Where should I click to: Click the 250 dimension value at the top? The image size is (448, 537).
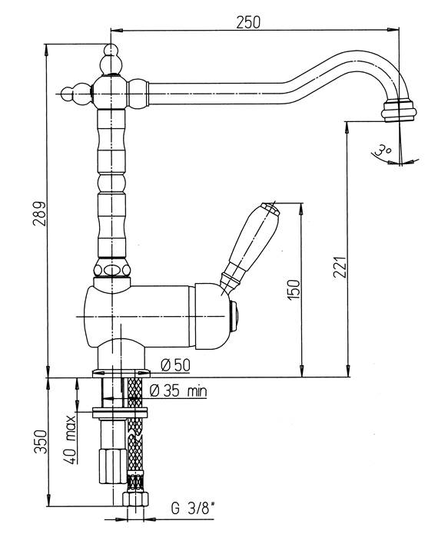coord(248,22)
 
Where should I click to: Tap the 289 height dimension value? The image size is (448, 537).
coord(39,214)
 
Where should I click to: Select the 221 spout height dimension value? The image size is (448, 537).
coord(340,267)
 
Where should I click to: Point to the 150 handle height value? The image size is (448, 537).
coord(294,290)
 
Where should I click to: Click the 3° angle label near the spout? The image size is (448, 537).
coord(383,150)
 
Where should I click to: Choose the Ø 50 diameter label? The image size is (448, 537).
coord(175,365)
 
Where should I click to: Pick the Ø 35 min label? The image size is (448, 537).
coord(178,390)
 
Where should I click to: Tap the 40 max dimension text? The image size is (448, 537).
coord(71,440)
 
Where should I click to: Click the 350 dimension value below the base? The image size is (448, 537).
coord(40,442)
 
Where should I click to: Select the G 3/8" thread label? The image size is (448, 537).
coord(191,509)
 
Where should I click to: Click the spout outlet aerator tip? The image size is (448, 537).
coord(399,110)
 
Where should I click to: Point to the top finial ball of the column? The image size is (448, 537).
coord(111,60)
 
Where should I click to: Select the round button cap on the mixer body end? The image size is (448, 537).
coord(235,316)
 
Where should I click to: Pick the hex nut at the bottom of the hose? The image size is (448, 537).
coord(135,499)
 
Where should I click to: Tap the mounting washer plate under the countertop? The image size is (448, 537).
coord(120,413)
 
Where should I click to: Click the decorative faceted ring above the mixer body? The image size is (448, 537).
coord(112,269)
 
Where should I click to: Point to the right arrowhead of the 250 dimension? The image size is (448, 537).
coord(393,30)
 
